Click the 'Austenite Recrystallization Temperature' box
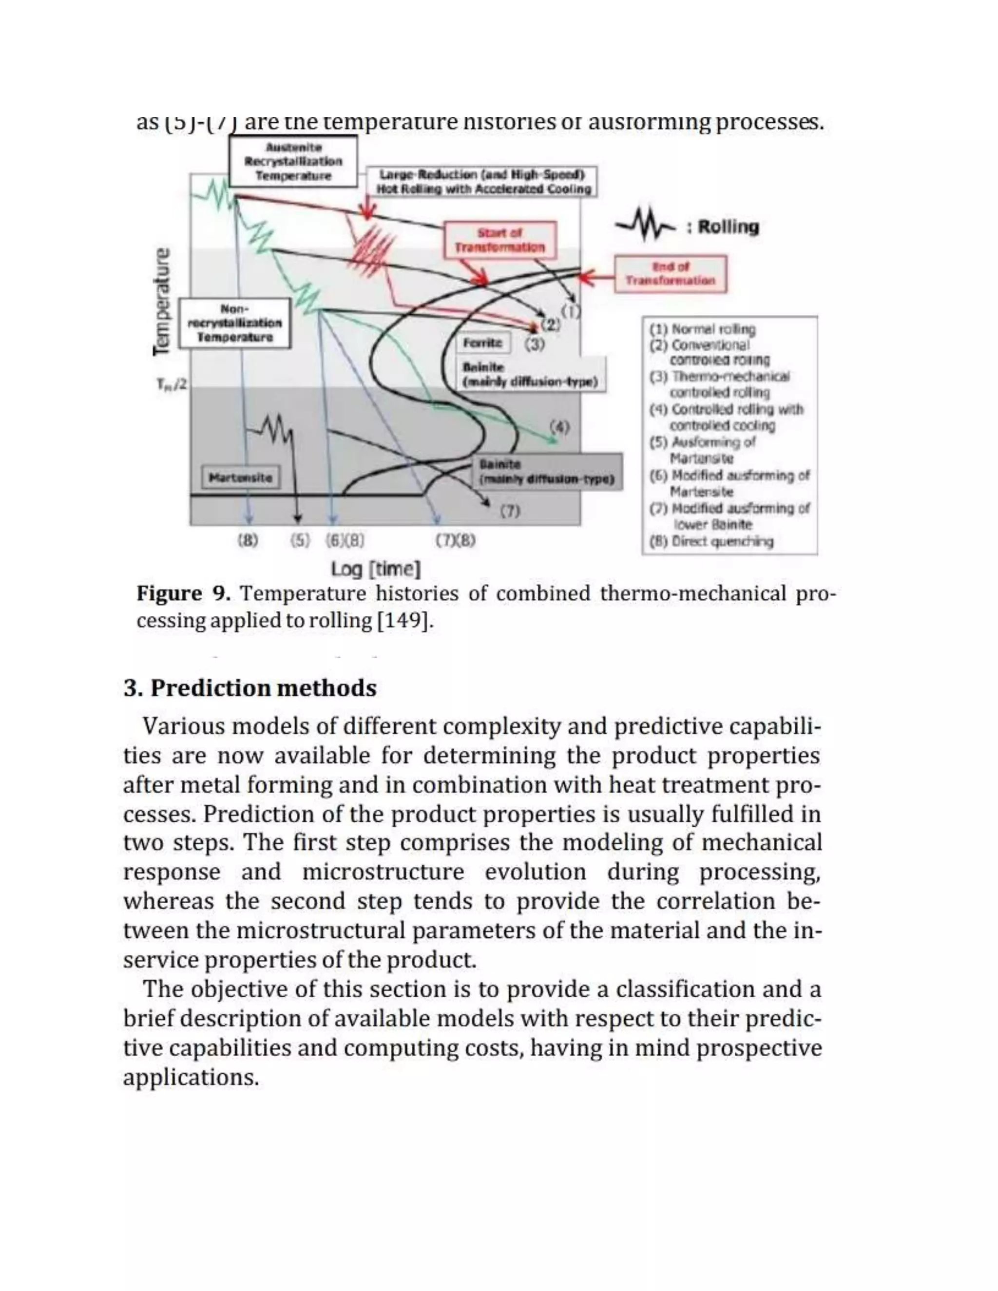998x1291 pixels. [x=293, y=161]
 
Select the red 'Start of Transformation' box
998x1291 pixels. [x=499, y=240]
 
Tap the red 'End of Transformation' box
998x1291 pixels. [x=670, y=274]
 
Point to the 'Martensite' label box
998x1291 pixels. [x=241, y=477]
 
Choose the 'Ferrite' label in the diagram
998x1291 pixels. [x=482, y=343]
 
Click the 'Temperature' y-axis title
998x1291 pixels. [x=161, y=302]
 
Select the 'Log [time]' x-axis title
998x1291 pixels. [x=376, y=569]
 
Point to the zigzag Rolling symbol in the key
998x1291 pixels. [x=645, y=226]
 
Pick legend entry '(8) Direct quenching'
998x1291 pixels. [x=711, y=541]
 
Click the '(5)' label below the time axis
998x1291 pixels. [x=300, y=540]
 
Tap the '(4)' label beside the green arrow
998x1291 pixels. [x=559, y=426]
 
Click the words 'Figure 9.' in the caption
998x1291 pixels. [x=183, y=593]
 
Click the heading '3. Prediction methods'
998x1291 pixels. [x=250, y=688]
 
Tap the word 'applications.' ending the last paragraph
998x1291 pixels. [x=191, y=1078]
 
